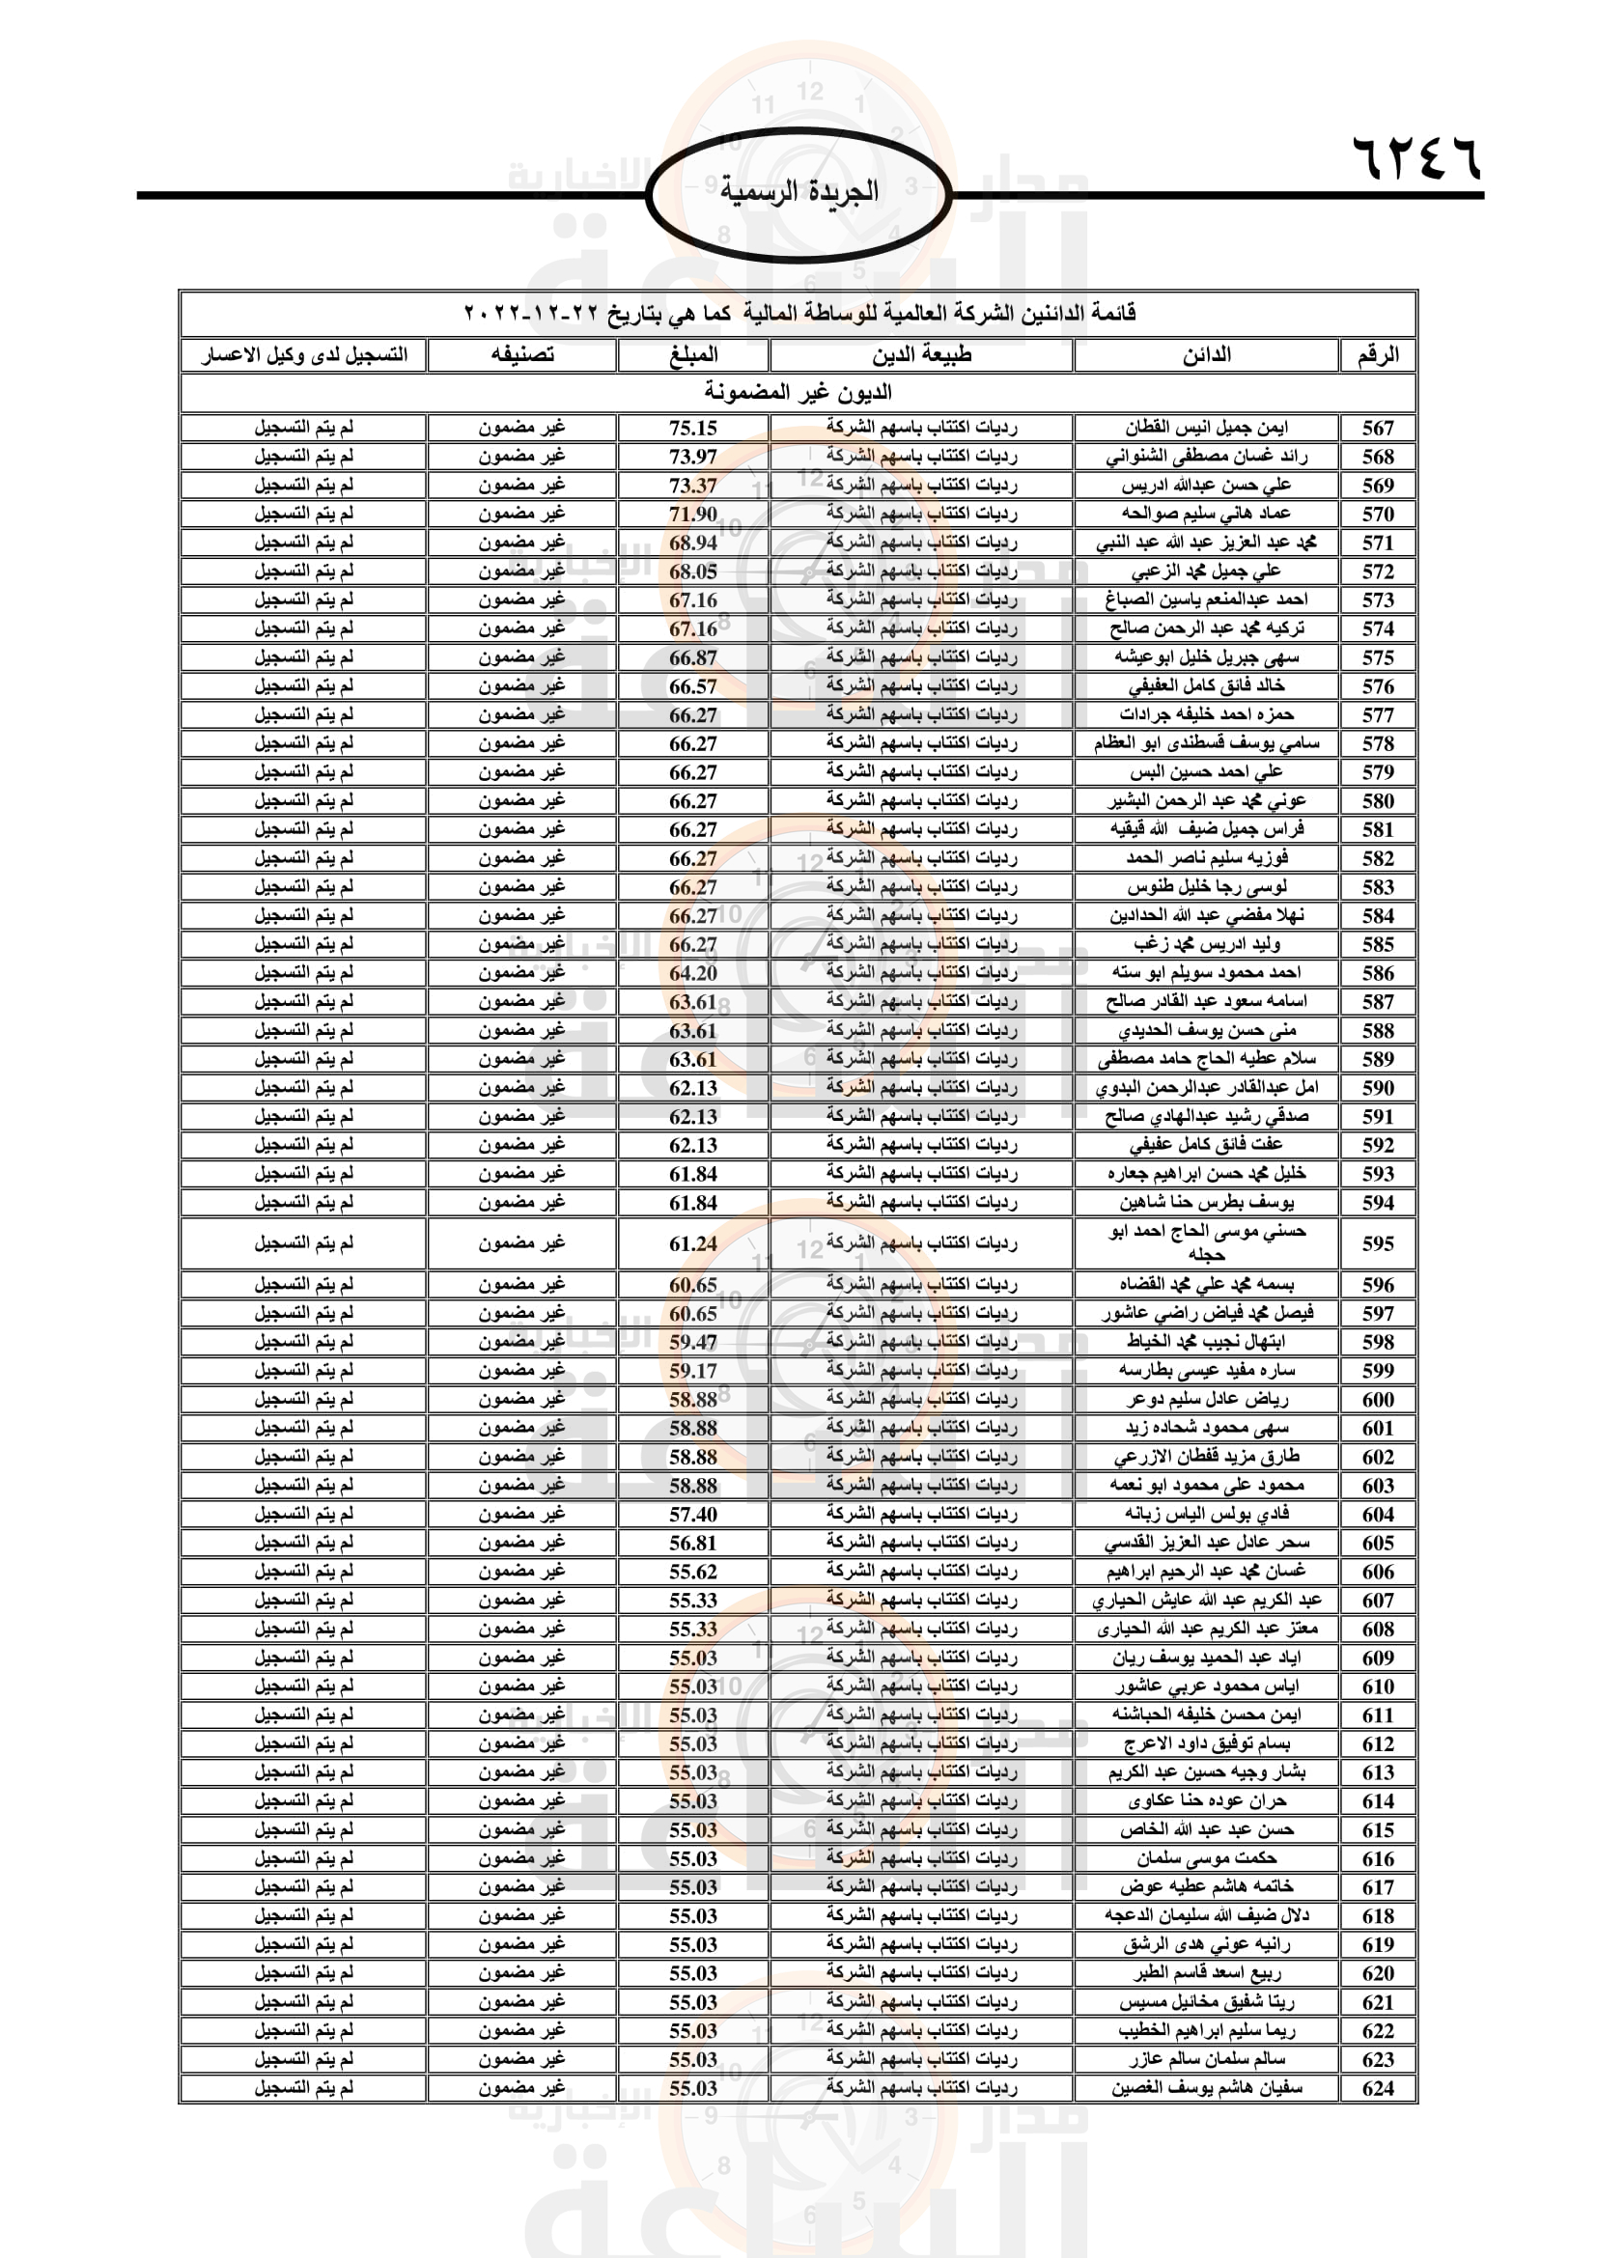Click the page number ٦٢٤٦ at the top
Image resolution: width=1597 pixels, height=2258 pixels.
(x=1417, y=158)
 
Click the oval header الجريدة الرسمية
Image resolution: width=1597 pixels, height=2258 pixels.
(x=798, y=192)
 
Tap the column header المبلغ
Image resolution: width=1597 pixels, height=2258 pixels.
(x=693, y=355)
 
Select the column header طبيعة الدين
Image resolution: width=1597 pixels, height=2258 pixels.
(x=921, y=355)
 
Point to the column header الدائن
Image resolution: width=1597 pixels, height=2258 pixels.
(x=1207, y=355)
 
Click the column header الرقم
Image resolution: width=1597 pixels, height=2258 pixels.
(x=1378, y=355)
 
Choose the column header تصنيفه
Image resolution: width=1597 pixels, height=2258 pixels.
(x=522, y=355)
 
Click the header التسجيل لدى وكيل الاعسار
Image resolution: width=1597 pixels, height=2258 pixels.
(x=304, y=355)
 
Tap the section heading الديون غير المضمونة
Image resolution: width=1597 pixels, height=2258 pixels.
(x=798, y=392)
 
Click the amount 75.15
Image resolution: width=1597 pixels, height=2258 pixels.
(x=693, y=428)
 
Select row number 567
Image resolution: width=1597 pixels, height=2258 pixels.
(x=1378, y=428)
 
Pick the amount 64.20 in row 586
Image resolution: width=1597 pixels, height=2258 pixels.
(x=693, y=973)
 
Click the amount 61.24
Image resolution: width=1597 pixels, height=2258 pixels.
(x=693, y=1243)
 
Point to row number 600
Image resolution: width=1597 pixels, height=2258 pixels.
(x=1378, y=1399)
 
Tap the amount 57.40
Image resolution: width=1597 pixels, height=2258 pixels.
(x=693, y=1514)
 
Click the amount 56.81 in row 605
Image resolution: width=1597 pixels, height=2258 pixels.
(x=693, y=1542)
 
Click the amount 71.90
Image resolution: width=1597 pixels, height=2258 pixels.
(x=693, y=514)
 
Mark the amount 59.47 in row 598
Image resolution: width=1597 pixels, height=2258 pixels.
(x=693, y=1342)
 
